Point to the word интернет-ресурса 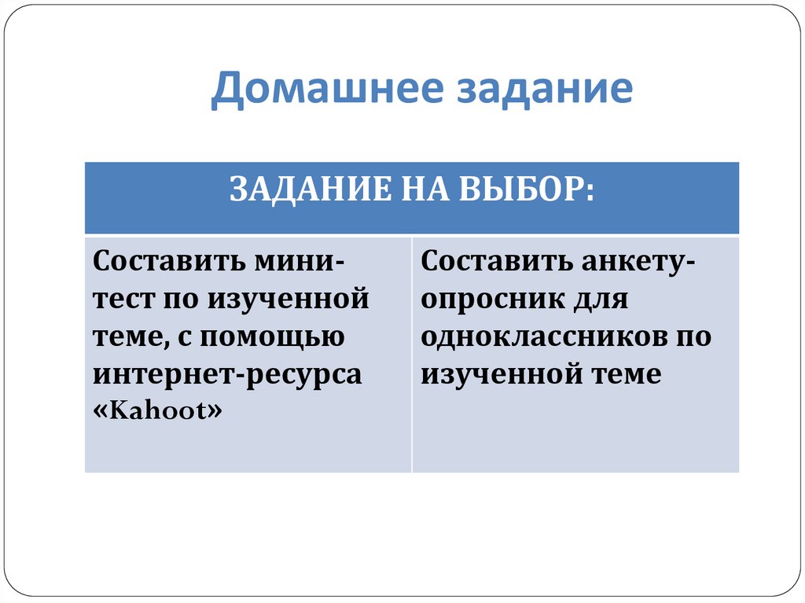coord(227,374)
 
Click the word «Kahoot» coord(157,411)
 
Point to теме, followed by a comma coord(129,336)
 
